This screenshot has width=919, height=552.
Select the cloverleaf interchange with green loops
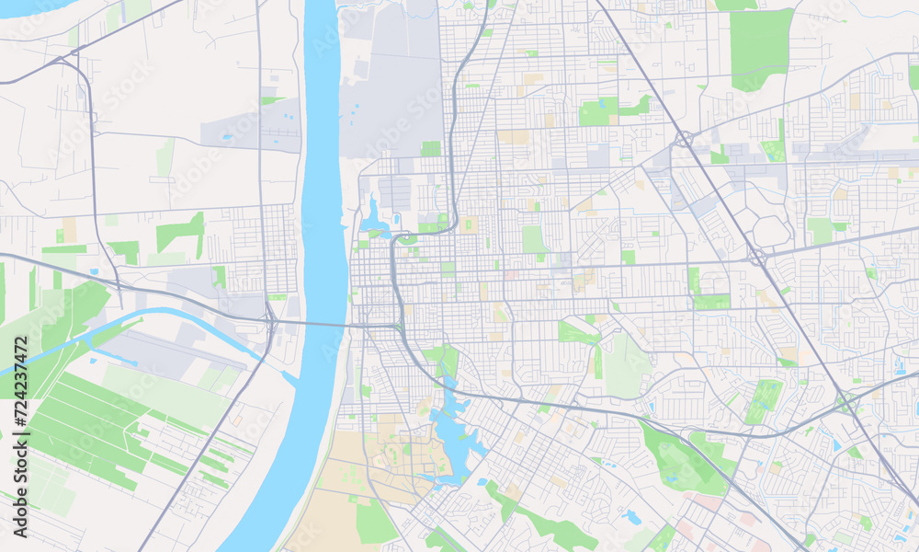(x=845, y=402)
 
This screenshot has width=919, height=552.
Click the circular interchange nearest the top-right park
(x=684, y=140)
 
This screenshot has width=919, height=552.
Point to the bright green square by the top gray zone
(x=430, y=148)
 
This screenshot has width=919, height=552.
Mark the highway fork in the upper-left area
(x=64, y=61)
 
